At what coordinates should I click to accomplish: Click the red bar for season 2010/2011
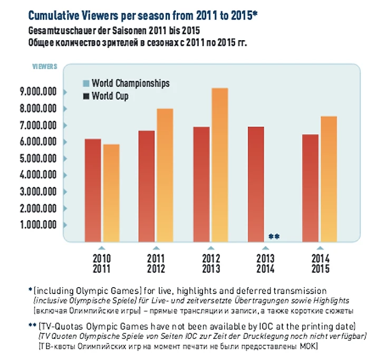[93, 190]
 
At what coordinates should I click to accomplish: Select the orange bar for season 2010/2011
[111, 192]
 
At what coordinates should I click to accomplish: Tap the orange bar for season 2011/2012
[165, 174]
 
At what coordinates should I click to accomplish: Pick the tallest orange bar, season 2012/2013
[219, 164]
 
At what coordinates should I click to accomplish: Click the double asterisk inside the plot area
[274, 236]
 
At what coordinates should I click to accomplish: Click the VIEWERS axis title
[45, 68]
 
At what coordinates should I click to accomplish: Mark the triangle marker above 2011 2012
[156, 247]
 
